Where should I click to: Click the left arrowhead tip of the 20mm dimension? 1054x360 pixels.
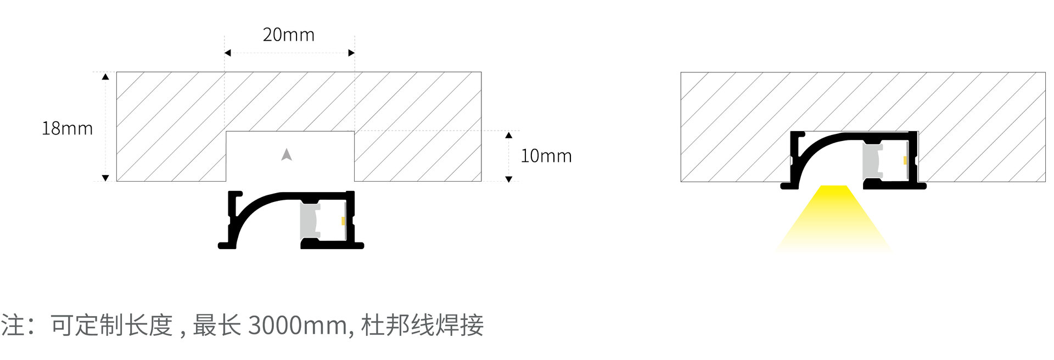(225, 53)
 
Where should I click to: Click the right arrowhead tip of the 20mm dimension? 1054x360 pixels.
(355, 53)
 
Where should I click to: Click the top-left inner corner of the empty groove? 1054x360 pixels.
(227, 132)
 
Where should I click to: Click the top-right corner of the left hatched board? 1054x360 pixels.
(481, 72)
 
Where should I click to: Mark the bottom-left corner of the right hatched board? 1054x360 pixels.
(681, 181)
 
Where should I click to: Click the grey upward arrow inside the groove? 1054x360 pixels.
(286, 155)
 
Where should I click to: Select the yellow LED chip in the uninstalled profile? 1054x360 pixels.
(343, 221)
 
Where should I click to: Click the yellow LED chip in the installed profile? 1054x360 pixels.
(905, 160)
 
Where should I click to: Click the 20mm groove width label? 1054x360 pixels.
(289, 35)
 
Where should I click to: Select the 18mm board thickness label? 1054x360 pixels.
(68, 128)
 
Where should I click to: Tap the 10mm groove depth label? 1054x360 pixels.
(546, 156)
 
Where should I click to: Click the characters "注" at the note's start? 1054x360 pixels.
(13, 325)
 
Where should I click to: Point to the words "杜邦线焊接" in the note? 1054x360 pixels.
(423, 325)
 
